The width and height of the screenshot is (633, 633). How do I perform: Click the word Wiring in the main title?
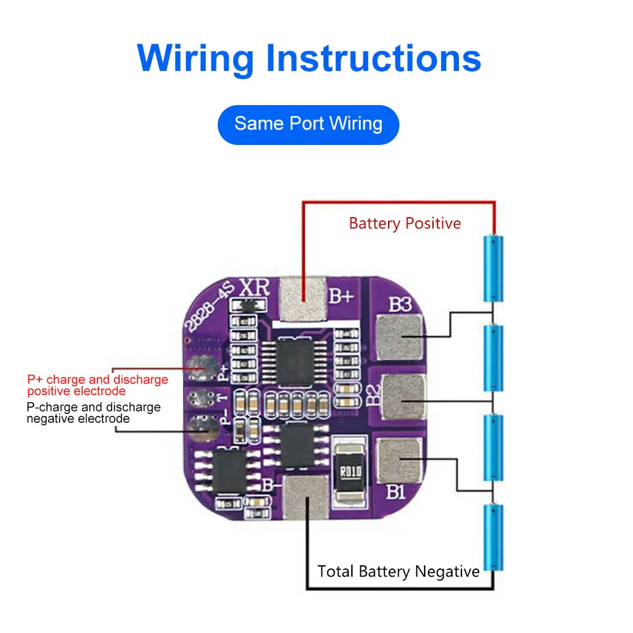point(195,59)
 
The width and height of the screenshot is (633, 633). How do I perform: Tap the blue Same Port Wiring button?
point(308,124)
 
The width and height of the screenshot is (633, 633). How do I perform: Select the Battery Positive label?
point(405,223)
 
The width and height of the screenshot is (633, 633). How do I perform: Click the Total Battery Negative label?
point(399,572)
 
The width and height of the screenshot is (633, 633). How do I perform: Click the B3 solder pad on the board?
point(399,335)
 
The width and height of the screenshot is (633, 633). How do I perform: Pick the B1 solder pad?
point(399,461)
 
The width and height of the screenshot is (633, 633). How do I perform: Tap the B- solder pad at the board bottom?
point(308,500)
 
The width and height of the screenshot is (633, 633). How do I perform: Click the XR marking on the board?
point(254,288)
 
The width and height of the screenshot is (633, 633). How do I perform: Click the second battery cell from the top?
point(493,358)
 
